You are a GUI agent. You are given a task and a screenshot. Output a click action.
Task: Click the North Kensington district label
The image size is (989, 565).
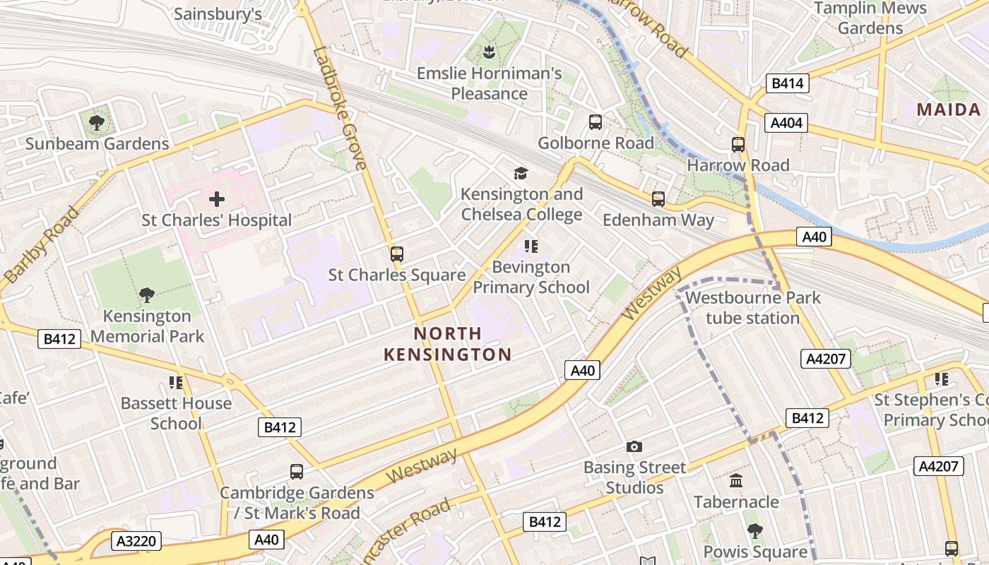pos(447,344)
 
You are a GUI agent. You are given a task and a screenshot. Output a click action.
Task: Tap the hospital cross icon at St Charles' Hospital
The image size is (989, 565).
pos(217,199)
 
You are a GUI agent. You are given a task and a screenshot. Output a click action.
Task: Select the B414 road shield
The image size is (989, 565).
pos(787,83)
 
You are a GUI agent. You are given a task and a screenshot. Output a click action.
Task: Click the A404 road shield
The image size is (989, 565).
pos(786,123)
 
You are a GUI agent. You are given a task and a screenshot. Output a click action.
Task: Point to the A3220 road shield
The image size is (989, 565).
pos(136,542)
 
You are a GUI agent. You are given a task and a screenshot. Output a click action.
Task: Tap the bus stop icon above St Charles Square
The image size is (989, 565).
pos(397,254)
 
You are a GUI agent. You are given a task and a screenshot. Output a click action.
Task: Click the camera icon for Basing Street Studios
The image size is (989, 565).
pos(634,446)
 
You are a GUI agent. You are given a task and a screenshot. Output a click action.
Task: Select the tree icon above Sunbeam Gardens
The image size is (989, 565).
pos(97,123)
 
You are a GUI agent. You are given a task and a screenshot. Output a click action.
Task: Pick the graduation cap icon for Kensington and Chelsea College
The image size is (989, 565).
pos(521,173)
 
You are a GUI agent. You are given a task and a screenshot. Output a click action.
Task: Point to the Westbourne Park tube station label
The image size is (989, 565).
pos(752,308)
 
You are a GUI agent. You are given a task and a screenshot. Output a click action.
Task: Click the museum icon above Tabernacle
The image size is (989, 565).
pos(735,481)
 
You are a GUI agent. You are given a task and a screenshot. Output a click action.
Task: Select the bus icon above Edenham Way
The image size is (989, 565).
pos(658,199)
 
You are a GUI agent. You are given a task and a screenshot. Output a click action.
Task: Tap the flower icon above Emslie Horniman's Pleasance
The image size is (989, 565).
pos(489,52)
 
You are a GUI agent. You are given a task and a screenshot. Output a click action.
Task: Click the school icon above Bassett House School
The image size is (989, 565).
pos(175,383)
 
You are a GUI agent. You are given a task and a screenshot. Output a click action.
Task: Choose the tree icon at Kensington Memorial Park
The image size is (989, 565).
pos(147,295)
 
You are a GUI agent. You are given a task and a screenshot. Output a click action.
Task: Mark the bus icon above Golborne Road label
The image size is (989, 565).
pos(596,122)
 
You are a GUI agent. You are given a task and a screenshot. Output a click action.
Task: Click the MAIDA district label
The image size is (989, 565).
pos(949,109)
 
